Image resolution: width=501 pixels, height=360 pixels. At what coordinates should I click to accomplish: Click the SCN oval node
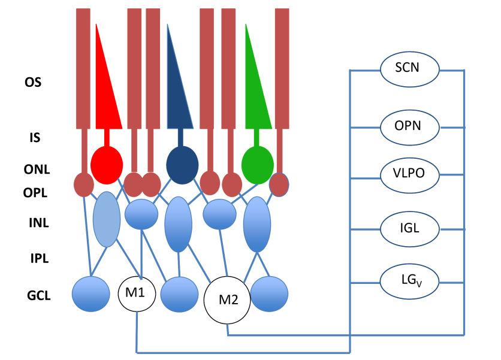click(x=410, y=69)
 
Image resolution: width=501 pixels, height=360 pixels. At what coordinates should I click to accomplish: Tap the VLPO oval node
click(x=410, y=175)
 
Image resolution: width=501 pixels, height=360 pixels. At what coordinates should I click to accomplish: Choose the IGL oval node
click(x=410, y=229)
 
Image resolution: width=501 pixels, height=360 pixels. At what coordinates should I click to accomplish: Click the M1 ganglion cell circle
click(x=137, y=294)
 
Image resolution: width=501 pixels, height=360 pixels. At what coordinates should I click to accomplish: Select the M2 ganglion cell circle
click(x=227, y=300)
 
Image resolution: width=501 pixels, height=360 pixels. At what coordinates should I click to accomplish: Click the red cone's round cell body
click(x=107, y=165)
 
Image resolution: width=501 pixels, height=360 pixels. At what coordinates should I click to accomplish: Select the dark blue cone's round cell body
click(x=182, y=165)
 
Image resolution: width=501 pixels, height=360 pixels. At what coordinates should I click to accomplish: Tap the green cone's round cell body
click(x=258, y=165)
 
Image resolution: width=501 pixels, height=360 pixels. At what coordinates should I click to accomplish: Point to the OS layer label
click(x=33, y=83)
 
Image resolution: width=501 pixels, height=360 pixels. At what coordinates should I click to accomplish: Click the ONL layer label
click(x=37, y=170)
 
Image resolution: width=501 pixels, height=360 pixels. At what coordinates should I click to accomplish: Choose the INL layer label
click(x=39, y=223)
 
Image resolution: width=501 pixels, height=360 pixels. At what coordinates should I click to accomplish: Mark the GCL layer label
click(x=39, y=295)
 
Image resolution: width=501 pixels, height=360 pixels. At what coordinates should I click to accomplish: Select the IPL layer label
click(x=40, y=258)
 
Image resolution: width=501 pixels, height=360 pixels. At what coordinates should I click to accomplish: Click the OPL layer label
click(x=35, y=193)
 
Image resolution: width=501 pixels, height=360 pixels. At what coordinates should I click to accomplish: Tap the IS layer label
click(x=35, y=138)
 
